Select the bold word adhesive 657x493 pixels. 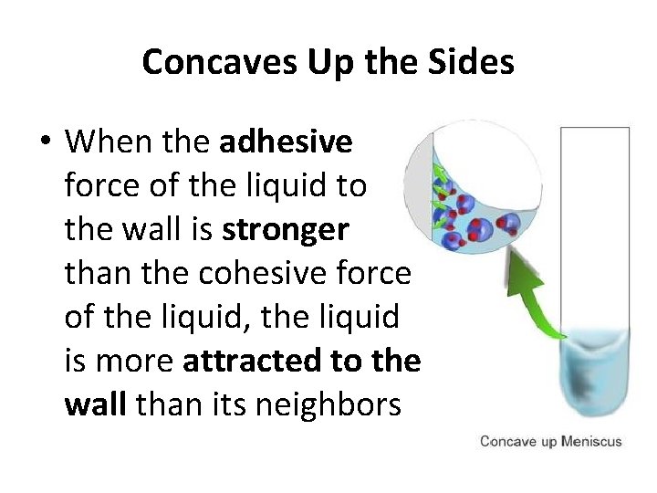pyautogui.click(x=286, y=142)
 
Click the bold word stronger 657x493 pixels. pyautogui.click(x=285, y=230)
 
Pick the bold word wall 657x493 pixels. pyautogui.click(x=95, y=404)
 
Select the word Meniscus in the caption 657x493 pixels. pyautogui.click(x=591, y=442)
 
